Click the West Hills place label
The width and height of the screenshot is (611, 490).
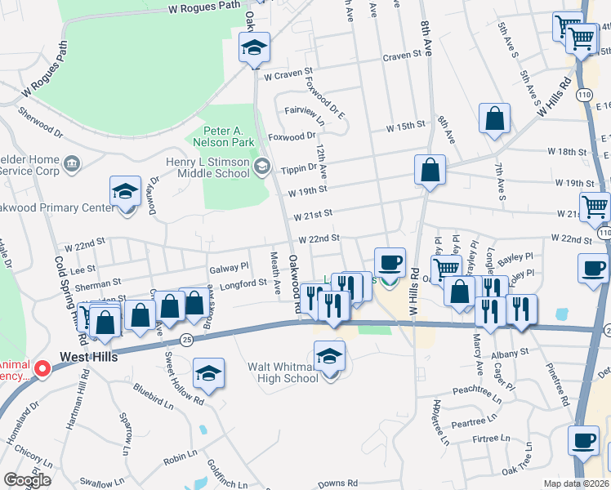(90, 358)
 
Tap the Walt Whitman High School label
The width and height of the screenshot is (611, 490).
(283, 373)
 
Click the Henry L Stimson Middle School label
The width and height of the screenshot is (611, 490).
(207, 167)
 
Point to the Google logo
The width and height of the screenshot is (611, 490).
(27, 480)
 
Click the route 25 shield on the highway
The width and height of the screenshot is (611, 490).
(186, 340)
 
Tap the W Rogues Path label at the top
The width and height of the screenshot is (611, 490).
(204, 7)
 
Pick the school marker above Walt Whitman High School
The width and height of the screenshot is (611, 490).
(330, 357)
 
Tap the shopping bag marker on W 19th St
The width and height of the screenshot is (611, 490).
(430, 171)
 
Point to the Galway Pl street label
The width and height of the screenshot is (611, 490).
(228, 266)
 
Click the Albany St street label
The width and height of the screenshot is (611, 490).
(513, 351)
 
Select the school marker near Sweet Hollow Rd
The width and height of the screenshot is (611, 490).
(208, 374)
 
